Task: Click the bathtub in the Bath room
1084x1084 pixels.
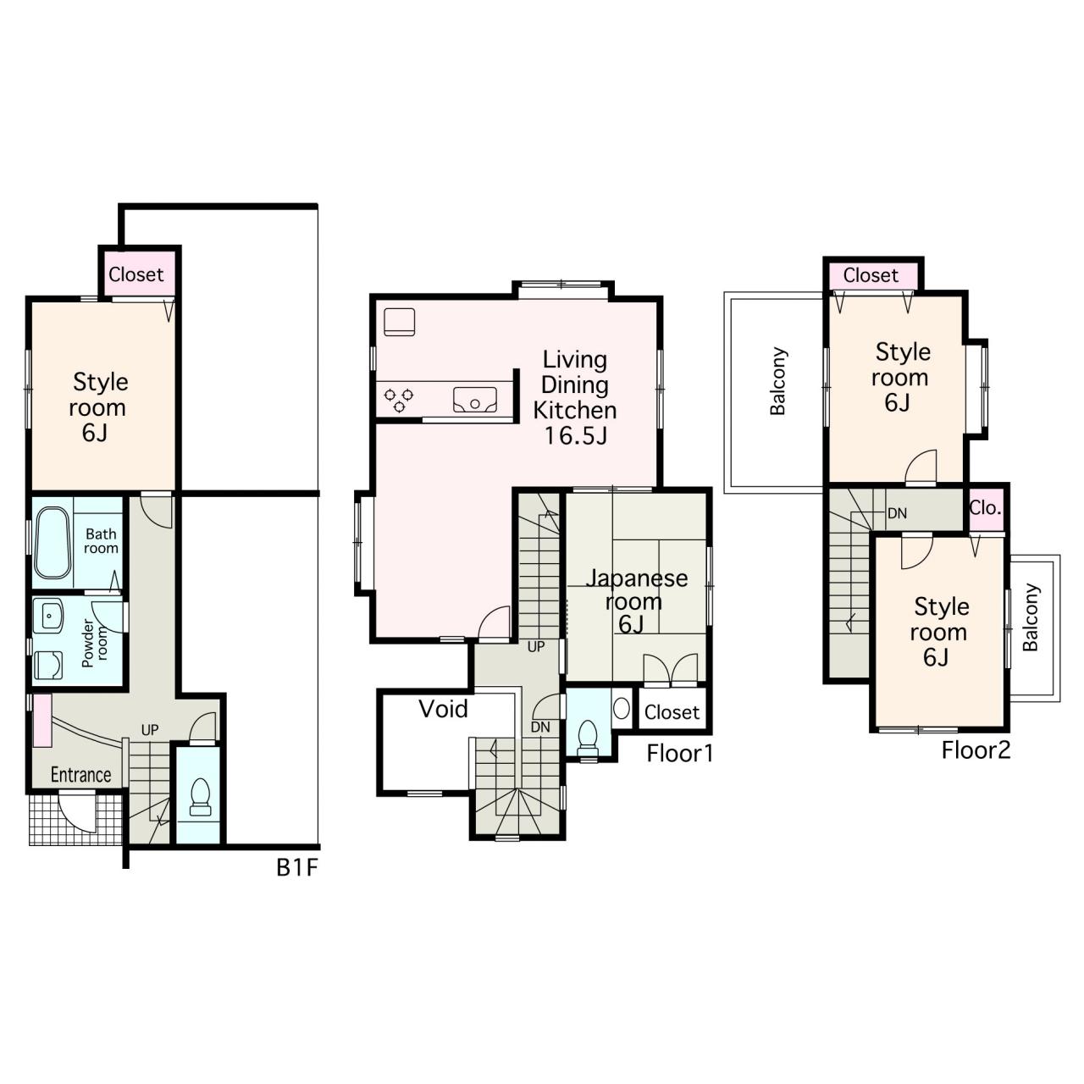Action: tap(53, 544)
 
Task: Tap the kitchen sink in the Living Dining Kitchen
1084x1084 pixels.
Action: tap(475, 400)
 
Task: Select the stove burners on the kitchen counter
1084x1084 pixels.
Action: tap(399, 400)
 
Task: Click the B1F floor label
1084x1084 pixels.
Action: tap(297, 868)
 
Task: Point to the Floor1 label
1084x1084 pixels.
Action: tap(679, 754)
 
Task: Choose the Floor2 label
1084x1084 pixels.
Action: tap(976, 750)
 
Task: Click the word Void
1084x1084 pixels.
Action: tap(443, 710)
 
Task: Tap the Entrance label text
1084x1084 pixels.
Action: tap(81, 775)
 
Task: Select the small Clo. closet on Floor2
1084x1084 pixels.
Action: tap(986, 508)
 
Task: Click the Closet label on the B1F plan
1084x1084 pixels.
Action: tap(136, 274)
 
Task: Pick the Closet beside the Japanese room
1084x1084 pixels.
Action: tap(672, 712)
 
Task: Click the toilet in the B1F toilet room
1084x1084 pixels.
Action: tap(200, 797)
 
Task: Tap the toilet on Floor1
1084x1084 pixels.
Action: tap(588, 738)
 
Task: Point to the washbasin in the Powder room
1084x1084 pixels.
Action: tap(49, 616)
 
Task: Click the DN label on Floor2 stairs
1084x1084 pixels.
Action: tap(897, 513)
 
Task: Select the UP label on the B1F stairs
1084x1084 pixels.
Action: tap(150, 730)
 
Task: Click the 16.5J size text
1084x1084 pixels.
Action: tap(576, 436)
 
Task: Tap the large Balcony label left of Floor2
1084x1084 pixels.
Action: tap(778, 381)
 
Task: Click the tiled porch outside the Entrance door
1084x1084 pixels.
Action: tap(75, 818)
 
